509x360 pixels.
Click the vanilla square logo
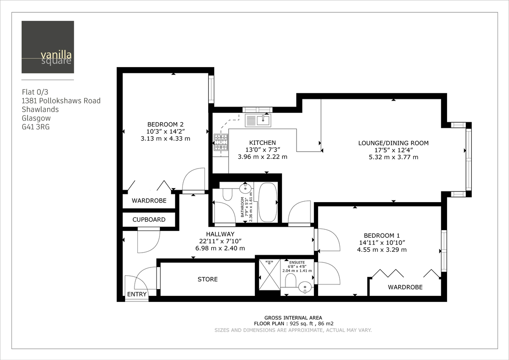tap(48, 47)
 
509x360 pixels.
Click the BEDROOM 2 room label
tap(165, 124)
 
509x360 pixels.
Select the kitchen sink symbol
tap(258, 120)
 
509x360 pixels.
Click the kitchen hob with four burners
tap(221, 142)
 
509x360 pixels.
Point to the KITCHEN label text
tap(263, 143)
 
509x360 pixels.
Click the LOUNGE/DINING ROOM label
tap(393, 143)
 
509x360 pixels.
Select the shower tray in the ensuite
tap(269, 274)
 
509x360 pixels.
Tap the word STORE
tap(208, 279)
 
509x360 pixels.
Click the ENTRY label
tap(137, 294)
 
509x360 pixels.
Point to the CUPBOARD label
tap(149, 220)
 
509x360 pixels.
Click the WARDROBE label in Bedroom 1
tap(405, 287)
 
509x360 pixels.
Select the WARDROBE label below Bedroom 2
tap(149, 201)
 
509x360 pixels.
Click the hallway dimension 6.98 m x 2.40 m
tap(220, 248)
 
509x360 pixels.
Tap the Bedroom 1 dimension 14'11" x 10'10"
tap(382, 242)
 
